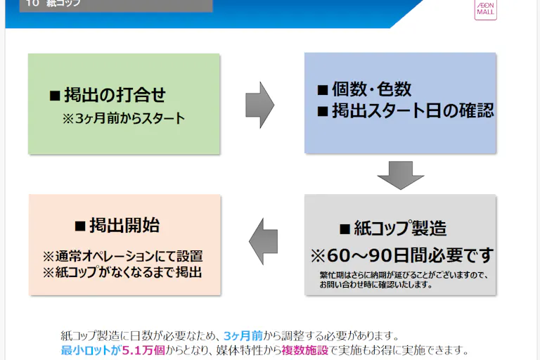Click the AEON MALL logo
pyautogui.click(x=485, y=8)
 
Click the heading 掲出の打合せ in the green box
pyautogui.click(x=115, y=95)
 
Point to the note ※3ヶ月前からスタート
pyautogui.click(x=123, y=118)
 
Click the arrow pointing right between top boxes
pyautogui.click(x=259, y=105)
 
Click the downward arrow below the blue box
pyautogui.click(x=400, y=175)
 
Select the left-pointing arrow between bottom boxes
pyautogui.click(x=264, y=241)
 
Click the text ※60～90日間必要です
pyautogui.click(x=402, y=255)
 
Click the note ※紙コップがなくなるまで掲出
pyautogui.click(x=123, y=271)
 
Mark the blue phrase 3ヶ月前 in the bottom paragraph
pyautogui.click(x=243, y=335)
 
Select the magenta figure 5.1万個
pyautogui.click(x=143, y=349)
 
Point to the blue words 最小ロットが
pyautogui.click(x=91, y=349)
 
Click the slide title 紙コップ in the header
pyautogui.click(x=63, y=4)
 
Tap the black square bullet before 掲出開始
pyautogui.click(x=79, y=226)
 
